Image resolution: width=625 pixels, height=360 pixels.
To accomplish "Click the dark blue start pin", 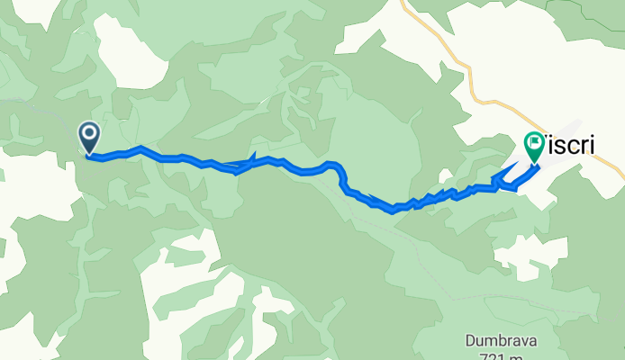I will tap(90, 138).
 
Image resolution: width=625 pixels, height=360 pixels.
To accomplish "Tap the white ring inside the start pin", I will tap(90, 134).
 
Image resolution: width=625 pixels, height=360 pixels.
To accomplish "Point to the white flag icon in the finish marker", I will tap(534, 142).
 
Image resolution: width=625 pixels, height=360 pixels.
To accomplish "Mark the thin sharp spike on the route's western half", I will tap(253, 157).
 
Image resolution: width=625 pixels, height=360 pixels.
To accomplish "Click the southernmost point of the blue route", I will tap(394, 212).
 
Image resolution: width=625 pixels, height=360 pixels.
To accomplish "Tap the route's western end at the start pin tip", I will tap(90, 155).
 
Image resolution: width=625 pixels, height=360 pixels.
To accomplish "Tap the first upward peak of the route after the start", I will tap(140, 148).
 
